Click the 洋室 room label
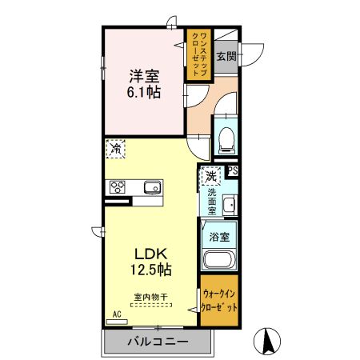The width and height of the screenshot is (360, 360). click(x=144, y=77)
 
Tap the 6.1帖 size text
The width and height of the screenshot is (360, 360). click(x=144, y=93)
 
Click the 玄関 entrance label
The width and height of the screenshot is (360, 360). click(x=226, y=57)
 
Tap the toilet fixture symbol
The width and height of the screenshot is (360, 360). click(x=225, y=141)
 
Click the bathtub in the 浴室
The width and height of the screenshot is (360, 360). click(x=218, y=259)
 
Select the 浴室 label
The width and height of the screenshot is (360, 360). click(x=219, y=237)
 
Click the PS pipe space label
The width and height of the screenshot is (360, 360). click(x=233, y=170)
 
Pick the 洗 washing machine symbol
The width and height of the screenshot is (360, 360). click(x=210, y=175)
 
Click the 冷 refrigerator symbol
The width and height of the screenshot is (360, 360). click(x=116, y=148)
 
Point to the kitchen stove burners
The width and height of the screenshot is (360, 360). click(x=118, y=188)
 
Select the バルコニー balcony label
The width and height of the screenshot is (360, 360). click(x=158, y=342)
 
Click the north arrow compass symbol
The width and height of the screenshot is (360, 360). click(x=267, y=342)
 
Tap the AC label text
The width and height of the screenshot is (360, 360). click(x=116, y=314)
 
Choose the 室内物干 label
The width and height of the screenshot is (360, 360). click(x=152, y=298)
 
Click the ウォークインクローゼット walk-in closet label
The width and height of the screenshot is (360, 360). click(x=219, y=301)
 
